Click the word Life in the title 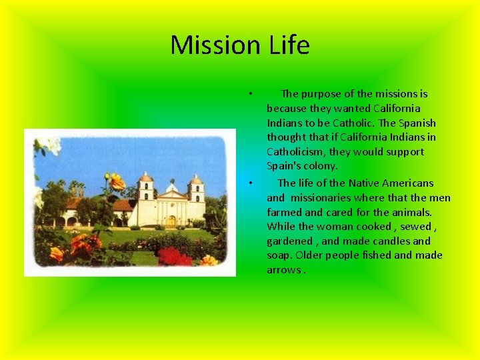tap(290, 45)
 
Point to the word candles tap(393, 241)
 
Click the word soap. tap(279, 255)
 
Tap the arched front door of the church tap(171, 220)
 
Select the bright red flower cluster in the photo tap(175, 256)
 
